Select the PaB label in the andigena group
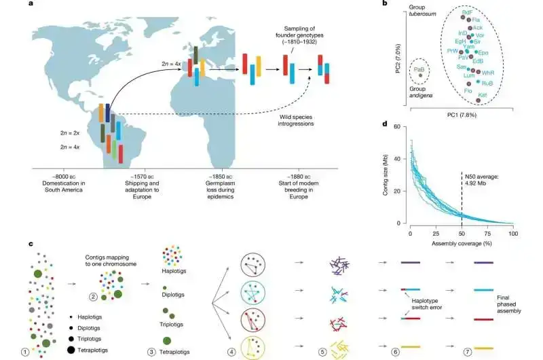tap(420, 69)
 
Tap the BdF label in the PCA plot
tap(467, 12)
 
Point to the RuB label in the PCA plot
tap(487, 83)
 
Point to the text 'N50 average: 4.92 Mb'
tap(481, 178)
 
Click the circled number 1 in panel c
tap(24, 351)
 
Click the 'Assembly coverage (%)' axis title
tap(460, 242)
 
